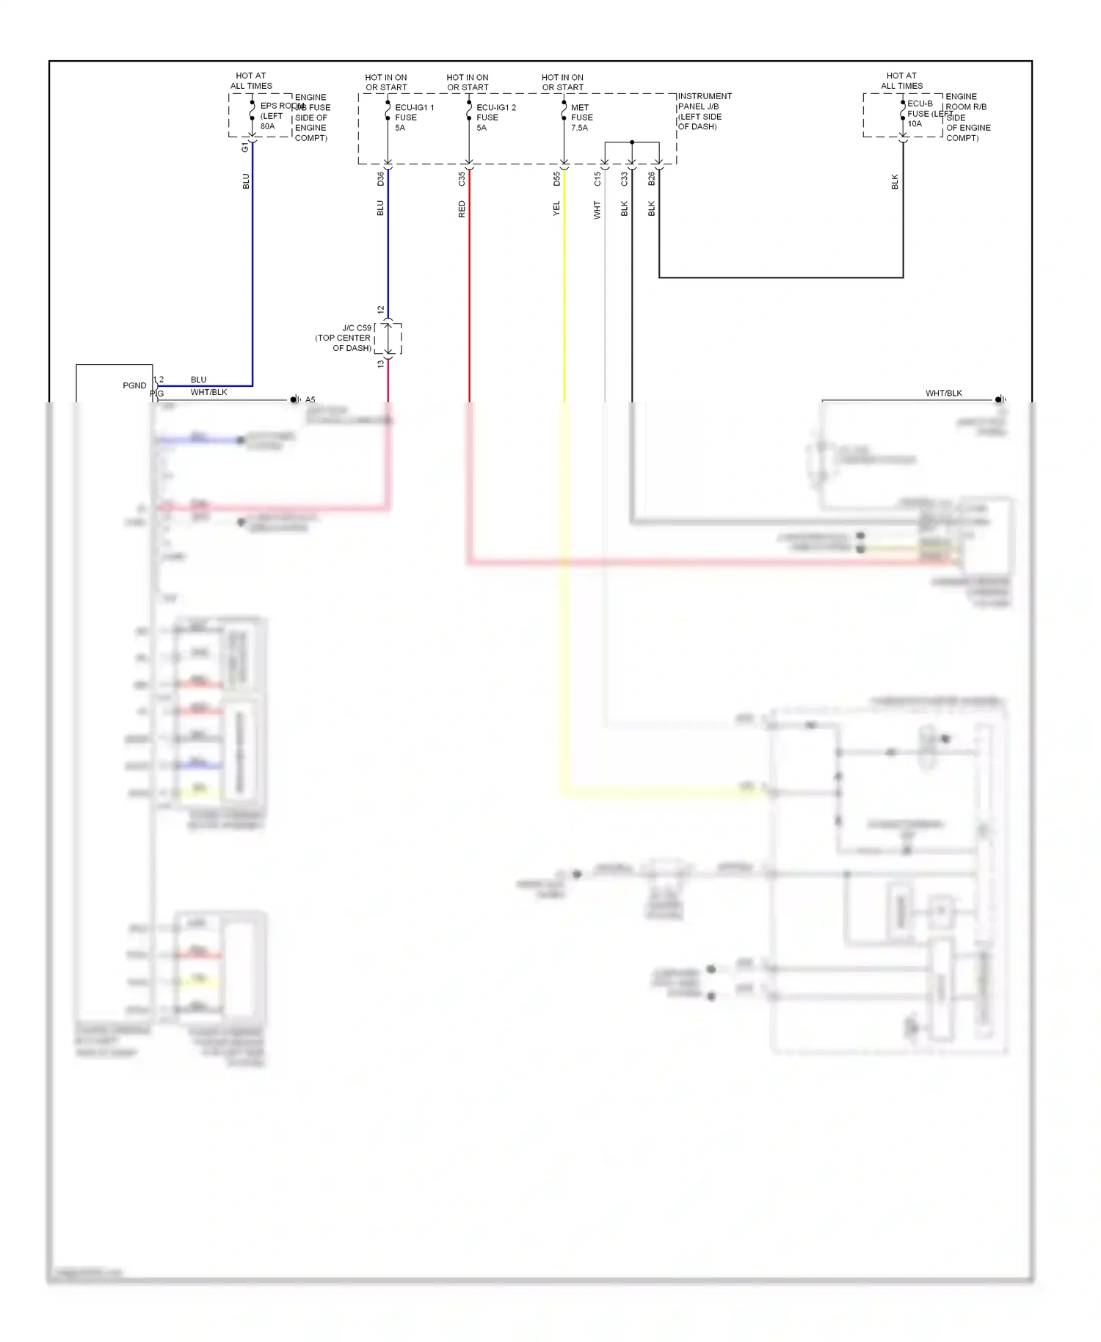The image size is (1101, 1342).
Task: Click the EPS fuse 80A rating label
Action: click(x=267, y=126)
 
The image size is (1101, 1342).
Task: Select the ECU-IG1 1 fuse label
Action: click(x=414, y=108)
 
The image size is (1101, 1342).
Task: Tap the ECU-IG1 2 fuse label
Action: click(x=495, y=108)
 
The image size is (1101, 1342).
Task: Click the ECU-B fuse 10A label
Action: click(x=914, y=123)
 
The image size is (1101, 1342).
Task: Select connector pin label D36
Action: click(x=380, y=178)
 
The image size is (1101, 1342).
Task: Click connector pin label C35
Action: click(x=462, y=178)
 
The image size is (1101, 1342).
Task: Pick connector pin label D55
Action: click(x=556, y=178)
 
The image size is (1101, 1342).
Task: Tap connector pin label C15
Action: click(x=597, y=178)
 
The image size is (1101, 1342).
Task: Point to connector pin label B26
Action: click(x=651, y=178)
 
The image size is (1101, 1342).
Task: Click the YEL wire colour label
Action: click(x=556, y=208)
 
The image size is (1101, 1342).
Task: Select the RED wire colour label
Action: click(x=462, y=209)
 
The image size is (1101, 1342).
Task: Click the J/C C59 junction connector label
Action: click(x=357, y=328)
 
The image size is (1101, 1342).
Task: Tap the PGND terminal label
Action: click(x=134, y=385)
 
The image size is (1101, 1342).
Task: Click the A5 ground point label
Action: click(x=310, y=400)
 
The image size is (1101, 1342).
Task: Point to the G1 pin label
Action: click(x=245, y=148)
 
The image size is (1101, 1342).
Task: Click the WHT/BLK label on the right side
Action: click(x=943, y=393)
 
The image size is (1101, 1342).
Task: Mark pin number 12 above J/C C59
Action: click(x=380, y=310)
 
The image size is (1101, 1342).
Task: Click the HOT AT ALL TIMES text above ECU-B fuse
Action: click(x=901, y=81)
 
